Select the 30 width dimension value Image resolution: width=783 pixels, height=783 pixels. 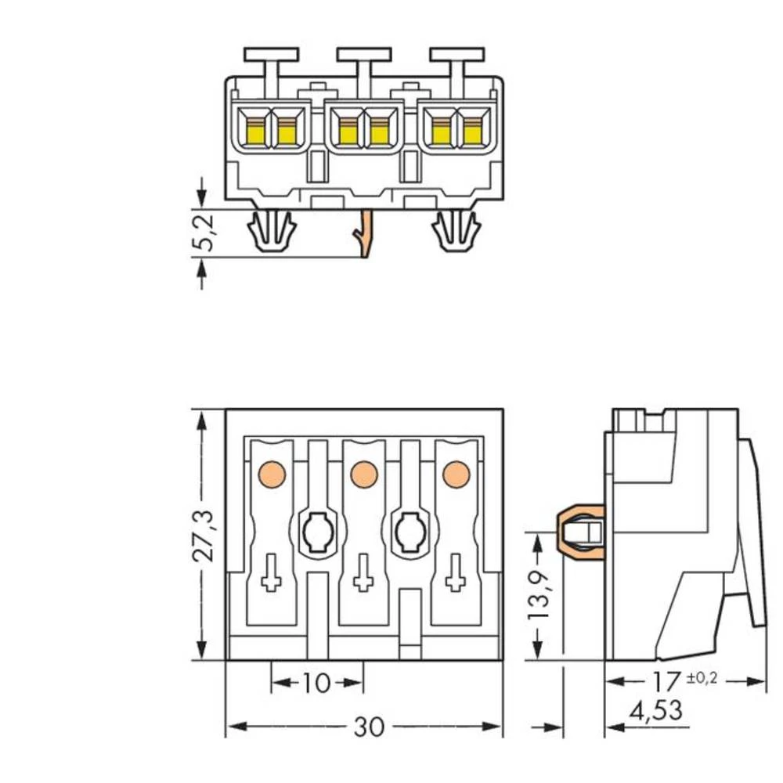pos(369,727)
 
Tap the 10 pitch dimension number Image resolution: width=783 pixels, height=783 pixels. pos(316,684)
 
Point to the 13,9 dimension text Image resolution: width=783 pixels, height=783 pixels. pos(539,594)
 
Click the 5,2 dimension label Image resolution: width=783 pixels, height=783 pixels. pos(203,234)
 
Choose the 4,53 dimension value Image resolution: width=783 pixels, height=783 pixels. pos(655,712)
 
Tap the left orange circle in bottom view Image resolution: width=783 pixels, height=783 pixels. pos(271,472)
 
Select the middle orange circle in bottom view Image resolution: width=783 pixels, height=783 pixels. pos(362,472)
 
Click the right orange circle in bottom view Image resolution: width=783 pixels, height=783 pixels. pos(454,472)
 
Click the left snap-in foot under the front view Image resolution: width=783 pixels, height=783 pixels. pos(271,232)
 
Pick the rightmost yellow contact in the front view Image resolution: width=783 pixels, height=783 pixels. pos(471,132)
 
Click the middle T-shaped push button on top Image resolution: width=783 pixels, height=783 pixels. pos(363,56)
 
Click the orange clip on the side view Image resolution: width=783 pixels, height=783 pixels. pos(579,532)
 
